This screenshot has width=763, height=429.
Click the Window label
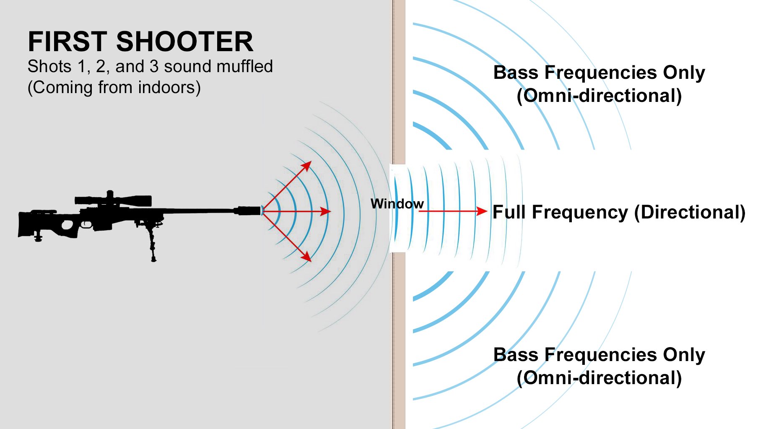point(397,204)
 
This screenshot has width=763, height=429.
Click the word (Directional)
point(690,212)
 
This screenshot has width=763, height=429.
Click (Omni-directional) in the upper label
point(599,96)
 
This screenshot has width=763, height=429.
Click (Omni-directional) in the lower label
point(599,378)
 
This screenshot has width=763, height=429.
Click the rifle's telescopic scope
point(113,200)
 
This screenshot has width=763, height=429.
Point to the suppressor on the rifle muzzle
point(249,211)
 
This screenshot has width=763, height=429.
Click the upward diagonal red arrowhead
point(307,165)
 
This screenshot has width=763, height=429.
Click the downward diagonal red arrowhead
point(307,257)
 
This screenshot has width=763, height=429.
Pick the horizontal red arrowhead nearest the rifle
point(326,211)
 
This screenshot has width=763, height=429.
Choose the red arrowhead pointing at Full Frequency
point(482,211)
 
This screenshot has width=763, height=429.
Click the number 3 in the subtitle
point(154,66)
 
